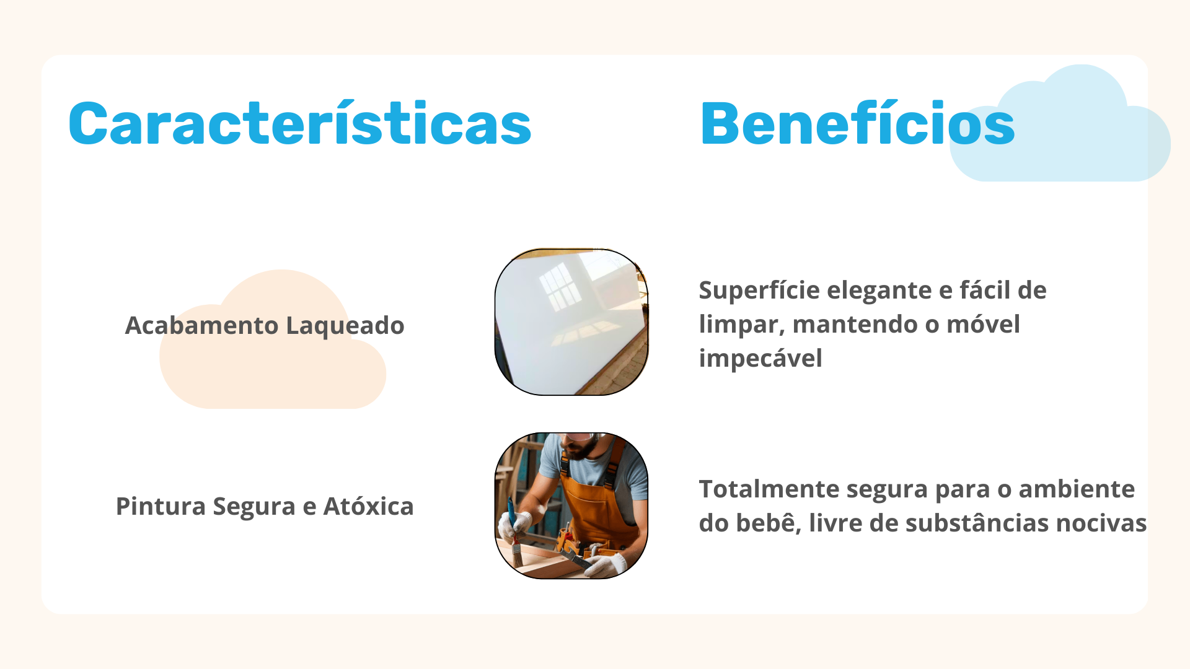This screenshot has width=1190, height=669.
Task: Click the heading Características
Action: (x=300, y=124)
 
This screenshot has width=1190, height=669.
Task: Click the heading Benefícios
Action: (x=857, y=124)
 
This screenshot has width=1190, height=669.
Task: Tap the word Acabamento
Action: (x=201, y=325)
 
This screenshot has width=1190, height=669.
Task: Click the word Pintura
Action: (x=161, y=506)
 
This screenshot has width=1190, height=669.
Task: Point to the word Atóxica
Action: (x=368, y=506)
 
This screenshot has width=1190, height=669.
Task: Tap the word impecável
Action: (x=760, y=359)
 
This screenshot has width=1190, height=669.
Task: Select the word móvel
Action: (x=984, y=324)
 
